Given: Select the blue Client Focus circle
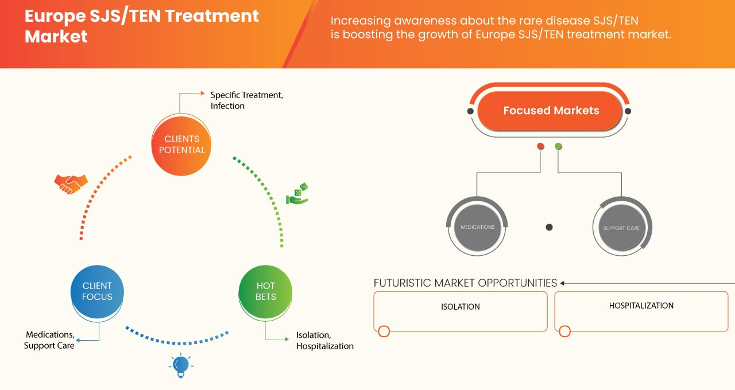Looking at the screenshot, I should pyautogui.click(x=97, y=291).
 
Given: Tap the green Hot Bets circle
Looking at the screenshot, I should pyautogui.click(x=265, y=291).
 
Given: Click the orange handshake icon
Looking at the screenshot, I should pyautogui.click(x=71, y=184).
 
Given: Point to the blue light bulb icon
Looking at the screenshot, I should pyautogui.click(x=181, y=365).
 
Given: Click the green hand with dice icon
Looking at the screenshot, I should pyautogui.click(x=297, y=194).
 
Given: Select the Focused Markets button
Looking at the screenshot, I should pyautogui.click(x=550, y=111).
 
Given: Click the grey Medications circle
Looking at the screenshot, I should pyautogui.click(x=477, y=227).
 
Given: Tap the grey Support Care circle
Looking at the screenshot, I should pyautogui.click(x=621, y=228).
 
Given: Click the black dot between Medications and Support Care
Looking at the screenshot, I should pyautogui.click(x=549, y=227).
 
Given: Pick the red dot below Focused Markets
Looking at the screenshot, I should pyautogui.click(x=540, y=147).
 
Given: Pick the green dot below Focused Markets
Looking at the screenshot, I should pyautogui.click(x=558, y=147).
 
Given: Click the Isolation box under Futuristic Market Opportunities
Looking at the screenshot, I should pyautogui.click(x=461, y=311).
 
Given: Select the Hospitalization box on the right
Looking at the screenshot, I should pyautogui.click(x=641, y=311).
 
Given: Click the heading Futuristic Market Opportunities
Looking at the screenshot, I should pyautogui.click(x=465, y=283).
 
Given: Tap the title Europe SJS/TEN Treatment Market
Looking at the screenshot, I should pyautogui.click(x=141, y=26).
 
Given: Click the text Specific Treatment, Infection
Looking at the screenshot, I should pyautogui.click(x=246, y=100).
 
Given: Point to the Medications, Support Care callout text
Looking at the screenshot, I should pyautogui.click(x=49, y=340).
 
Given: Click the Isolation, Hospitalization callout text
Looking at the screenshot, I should pyautogui.click(x=324, y=341).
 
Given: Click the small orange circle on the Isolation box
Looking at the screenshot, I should pyautogui.click(x=384, y=331).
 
